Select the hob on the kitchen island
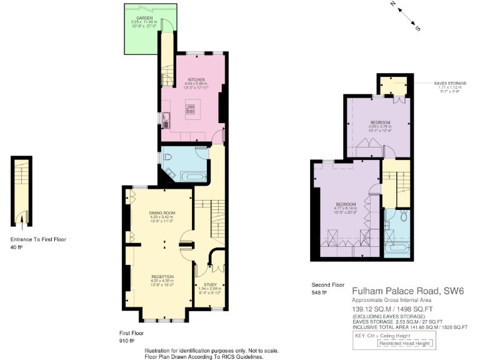coord(191,109)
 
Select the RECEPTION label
coord(162,276)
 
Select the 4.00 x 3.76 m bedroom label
coord(380,122)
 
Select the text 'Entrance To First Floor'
coord(38,239)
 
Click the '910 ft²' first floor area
coord(128,342)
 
